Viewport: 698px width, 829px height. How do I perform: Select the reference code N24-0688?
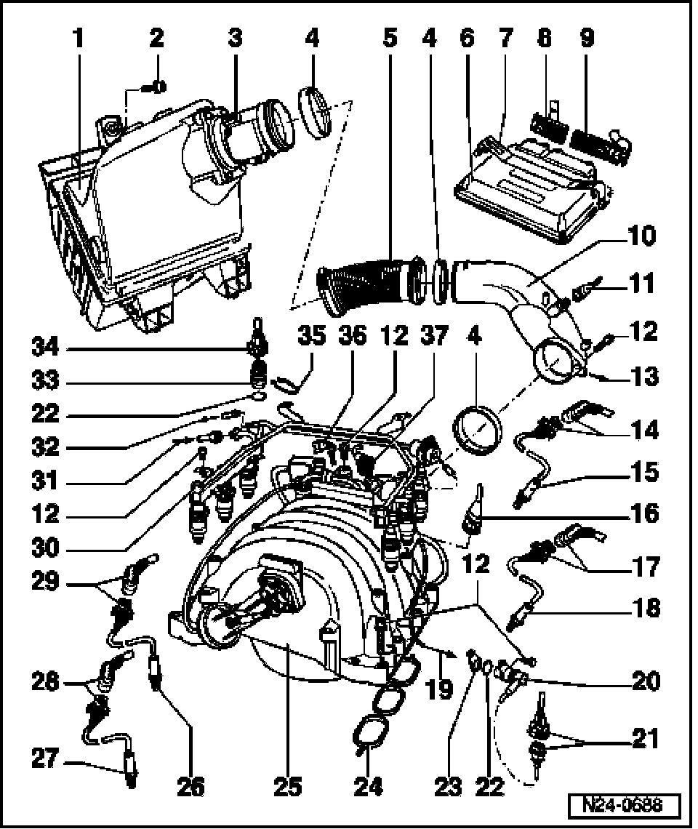tap(625, 806)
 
